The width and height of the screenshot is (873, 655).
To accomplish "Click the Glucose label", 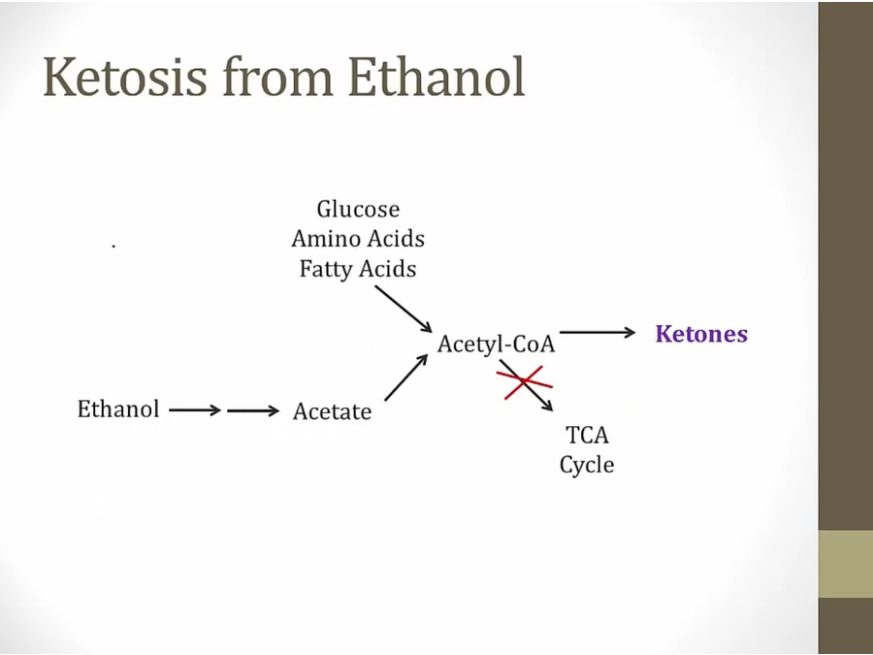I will point(358,210).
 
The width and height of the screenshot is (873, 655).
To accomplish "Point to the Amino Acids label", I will point(358,239).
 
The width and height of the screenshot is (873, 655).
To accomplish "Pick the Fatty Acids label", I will point(358,269).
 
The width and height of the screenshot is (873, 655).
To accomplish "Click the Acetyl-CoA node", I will point(496,344).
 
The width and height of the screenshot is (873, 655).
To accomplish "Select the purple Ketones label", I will point(701,335).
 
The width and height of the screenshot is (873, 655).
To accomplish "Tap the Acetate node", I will point(332,411).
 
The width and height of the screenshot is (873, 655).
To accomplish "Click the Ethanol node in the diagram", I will point(118,409).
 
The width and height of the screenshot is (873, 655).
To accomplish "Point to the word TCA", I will point(587,435).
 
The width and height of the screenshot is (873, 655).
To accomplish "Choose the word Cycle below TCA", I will point(587,465).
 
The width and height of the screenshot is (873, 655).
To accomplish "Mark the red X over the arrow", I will point(525,382).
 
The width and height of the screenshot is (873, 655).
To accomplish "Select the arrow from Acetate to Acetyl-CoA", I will point(405,377).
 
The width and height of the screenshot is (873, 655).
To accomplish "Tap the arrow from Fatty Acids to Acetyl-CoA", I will point(404,310).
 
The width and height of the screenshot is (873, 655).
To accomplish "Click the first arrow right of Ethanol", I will point(195,410).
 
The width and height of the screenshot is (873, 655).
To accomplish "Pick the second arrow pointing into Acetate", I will point(253,410).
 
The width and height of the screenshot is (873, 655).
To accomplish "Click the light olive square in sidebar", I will point(845,564).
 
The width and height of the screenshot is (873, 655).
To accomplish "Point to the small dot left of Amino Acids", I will point(113,246).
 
